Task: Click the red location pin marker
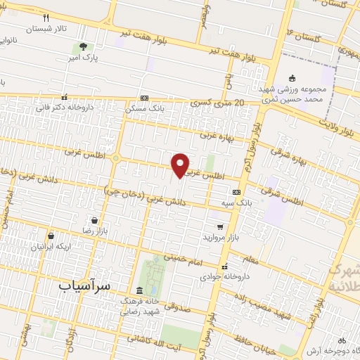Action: pyautogui.click(x=181, y=165)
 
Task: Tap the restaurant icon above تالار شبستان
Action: pyautogui.click(x=46, y=18)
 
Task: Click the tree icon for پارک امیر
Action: pyautogui.click(x=84, y=48)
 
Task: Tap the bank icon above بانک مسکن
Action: pyautogui.click(x=144, y=98)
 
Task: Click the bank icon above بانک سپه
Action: pyautogui.click(x=236, y=191)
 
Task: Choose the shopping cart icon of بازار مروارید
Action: pyautogui.click(x=220, y=226)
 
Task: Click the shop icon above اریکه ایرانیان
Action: pyautogui.click(x=51, y=236)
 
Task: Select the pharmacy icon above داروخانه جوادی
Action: pyautogui.click(x=224, y=267)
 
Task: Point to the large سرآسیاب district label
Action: pyautogui.click(x=84, y=286)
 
